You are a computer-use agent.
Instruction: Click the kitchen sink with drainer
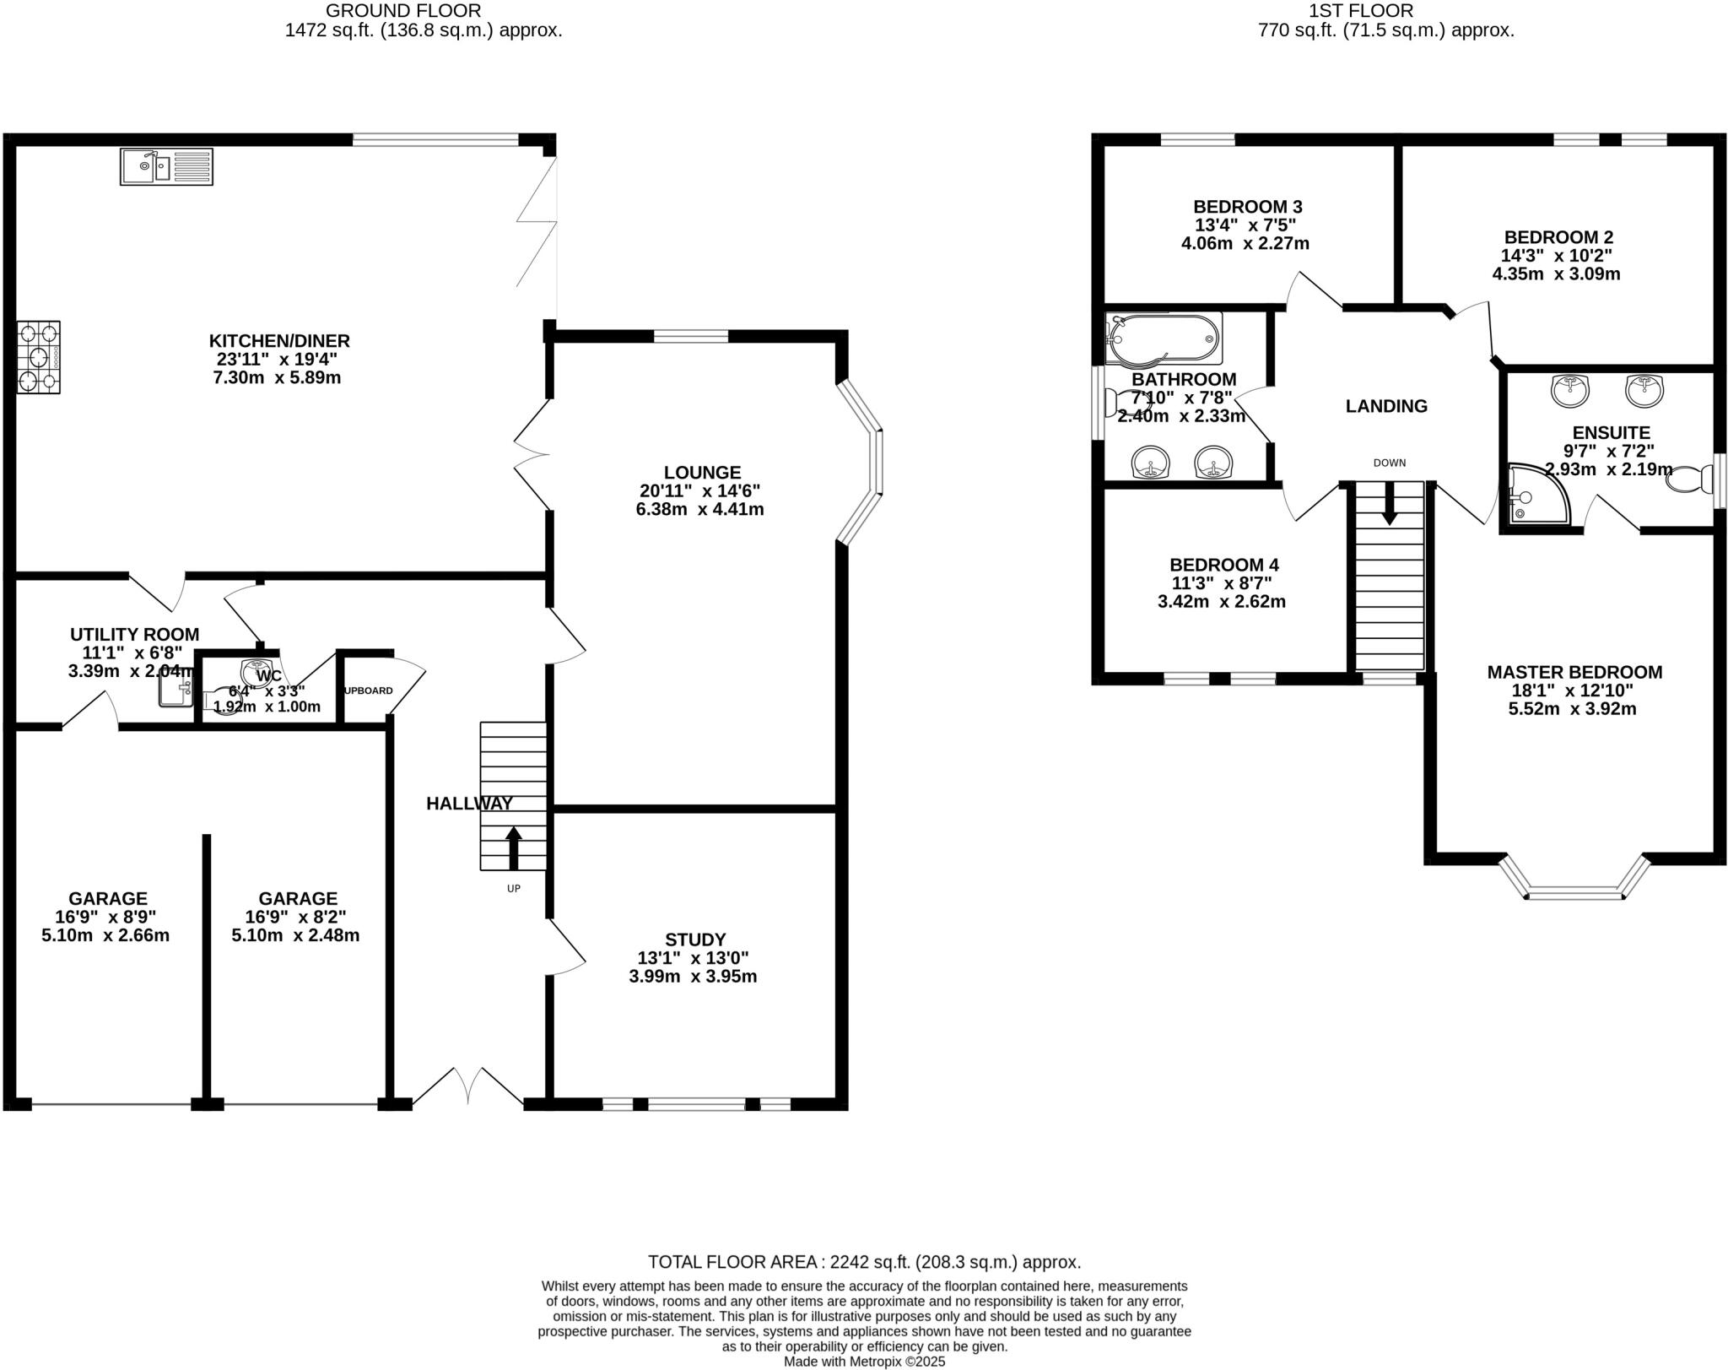[166, 166]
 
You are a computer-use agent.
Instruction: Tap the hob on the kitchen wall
[39, 357]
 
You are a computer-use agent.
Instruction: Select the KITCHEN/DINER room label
[279, 341]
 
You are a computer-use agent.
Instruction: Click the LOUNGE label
[702, 473]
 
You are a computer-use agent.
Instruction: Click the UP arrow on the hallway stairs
[513, 847]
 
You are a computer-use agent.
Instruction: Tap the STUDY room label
[694, 940]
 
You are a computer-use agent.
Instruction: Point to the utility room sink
[175, 690]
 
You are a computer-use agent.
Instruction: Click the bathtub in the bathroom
[1164, 339]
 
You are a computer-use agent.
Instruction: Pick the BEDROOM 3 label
[1247, 207]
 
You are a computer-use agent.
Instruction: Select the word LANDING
[1386, 406]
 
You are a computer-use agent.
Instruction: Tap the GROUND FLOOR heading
[403, 11]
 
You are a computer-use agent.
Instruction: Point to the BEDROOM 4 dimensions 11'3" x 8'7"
[1221, 583]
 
